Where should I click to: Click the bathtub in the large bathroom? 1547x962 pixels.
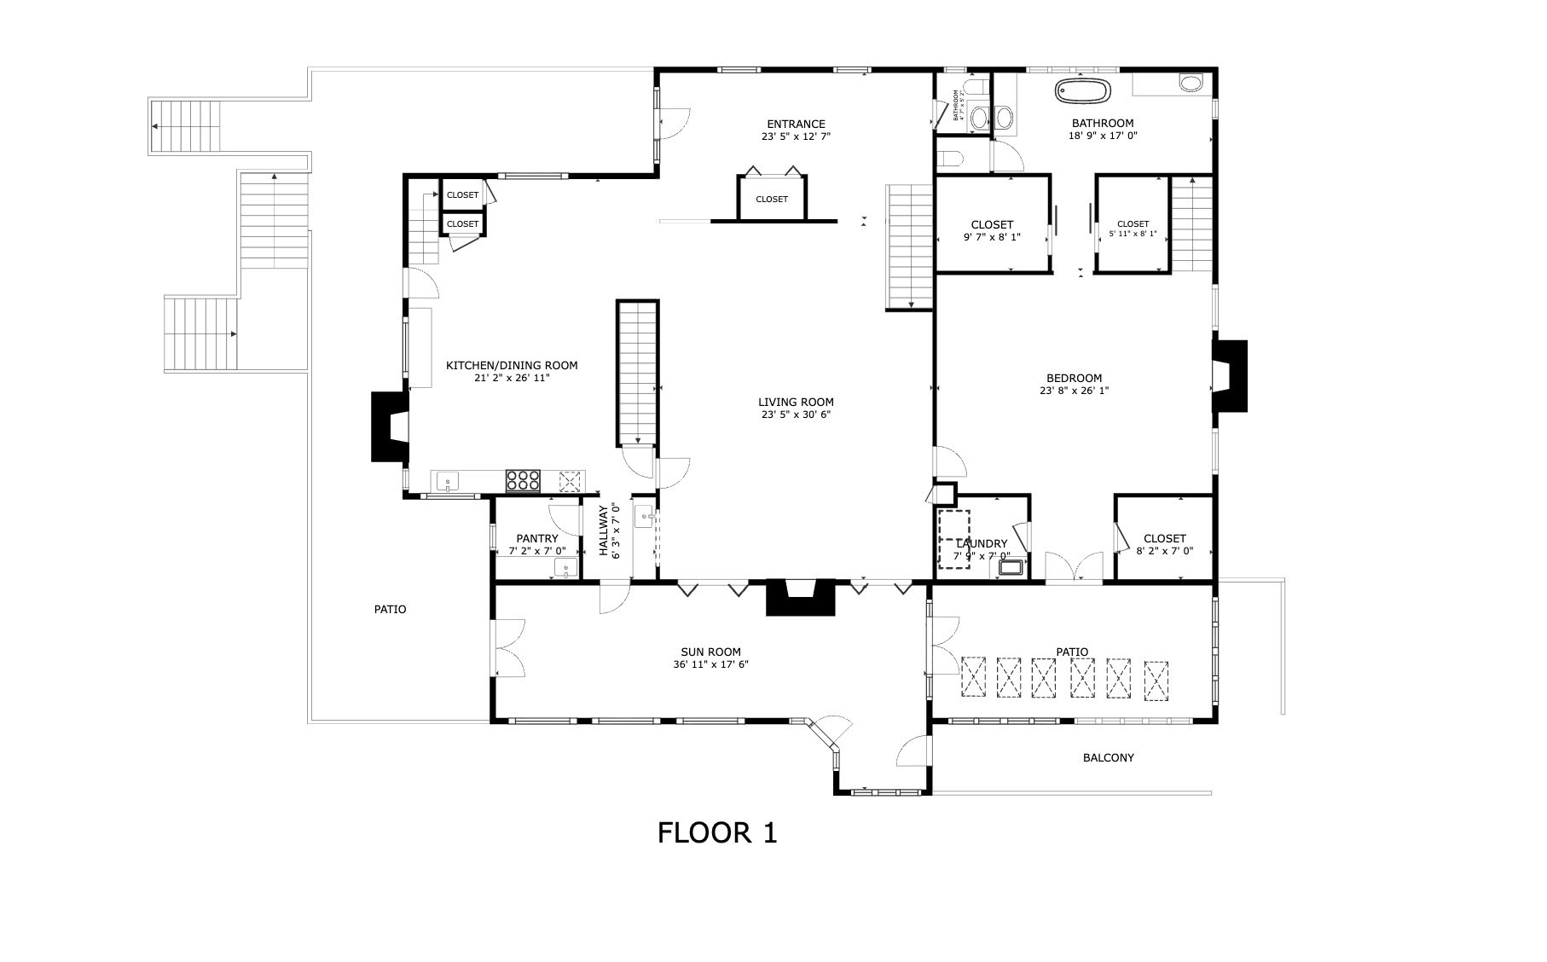point(1084,91)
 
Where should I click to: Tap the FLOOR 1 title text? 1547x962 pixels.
point(717,832)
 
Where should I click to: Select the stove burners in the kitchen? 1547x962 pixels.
point(523,481)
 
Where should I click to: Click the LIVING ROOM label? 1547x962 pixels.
point(796,402)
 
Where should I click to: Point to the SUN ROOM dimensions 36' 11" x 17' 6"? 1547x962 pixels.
point(710,665)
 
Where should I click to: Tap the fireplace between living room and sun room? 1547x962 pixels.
point(800,597)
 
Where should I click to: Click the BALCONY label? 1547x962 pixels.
point(1108,757)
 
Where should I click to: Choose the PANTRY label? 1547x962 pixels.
point(537,538)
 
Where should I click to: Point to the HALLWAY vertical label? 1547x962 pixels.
point(603,531)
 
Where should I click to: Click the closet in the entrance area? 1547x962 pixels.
point(772,199)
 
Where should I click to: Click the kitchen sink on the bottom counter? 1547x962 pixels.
point(448,482)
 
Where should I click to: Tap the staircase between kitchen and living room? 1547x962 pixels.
point(638,373)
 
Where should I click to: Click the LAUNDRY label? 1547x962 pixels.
point(982,543)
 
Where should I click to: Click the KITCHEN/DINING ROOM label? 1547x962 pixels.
point(512,365)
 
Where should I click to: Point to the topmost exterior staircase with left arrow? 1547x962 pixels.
point(186,125)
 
